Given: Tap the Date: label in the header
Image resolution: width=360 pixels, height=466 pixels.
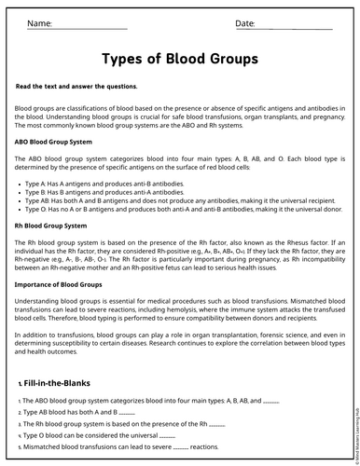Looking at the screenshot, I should [245, 22].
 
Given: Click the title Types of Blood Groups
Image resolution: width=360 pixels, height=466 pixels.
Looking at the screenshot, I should [180, 60].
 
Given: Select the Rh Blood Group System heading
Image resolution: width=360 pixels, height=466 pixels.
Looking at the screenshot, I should [51, 226].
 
